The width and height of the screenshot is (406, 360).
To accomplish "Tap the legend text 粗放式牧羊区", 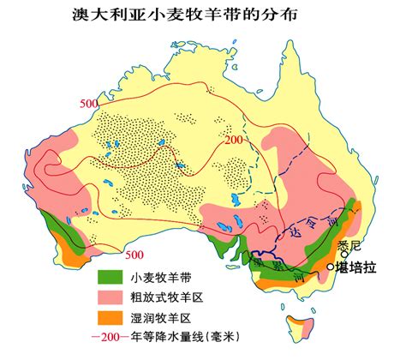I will [x=168, y=298].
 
